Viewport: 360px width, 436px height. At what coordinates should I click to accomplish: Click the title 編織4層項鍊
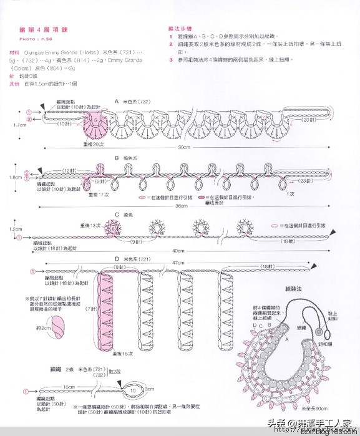tap(37, 30)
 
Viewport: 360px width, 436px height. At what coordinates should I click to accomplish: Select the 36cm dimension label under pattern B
tap(181, 206)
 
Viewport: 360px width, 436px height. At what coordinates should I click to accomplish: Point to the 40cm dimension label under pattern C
tap(181, 251)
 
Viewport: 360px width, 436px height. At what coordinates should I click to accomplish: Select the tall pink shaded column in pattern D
tap(105, 312)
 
